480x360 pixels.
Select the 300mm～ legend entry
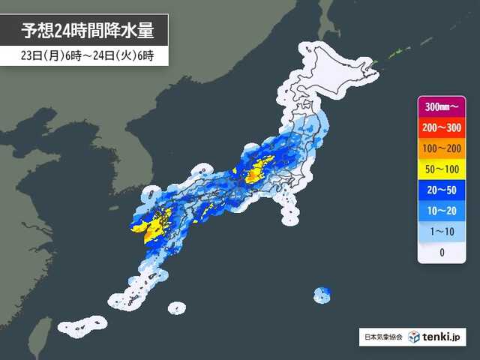[442, 106]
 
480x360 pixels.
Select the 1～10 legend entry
[442, 232]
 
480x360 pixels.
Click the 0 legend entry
[442, 253]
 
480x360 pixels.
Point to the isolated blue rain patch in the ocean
[322, 293]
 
